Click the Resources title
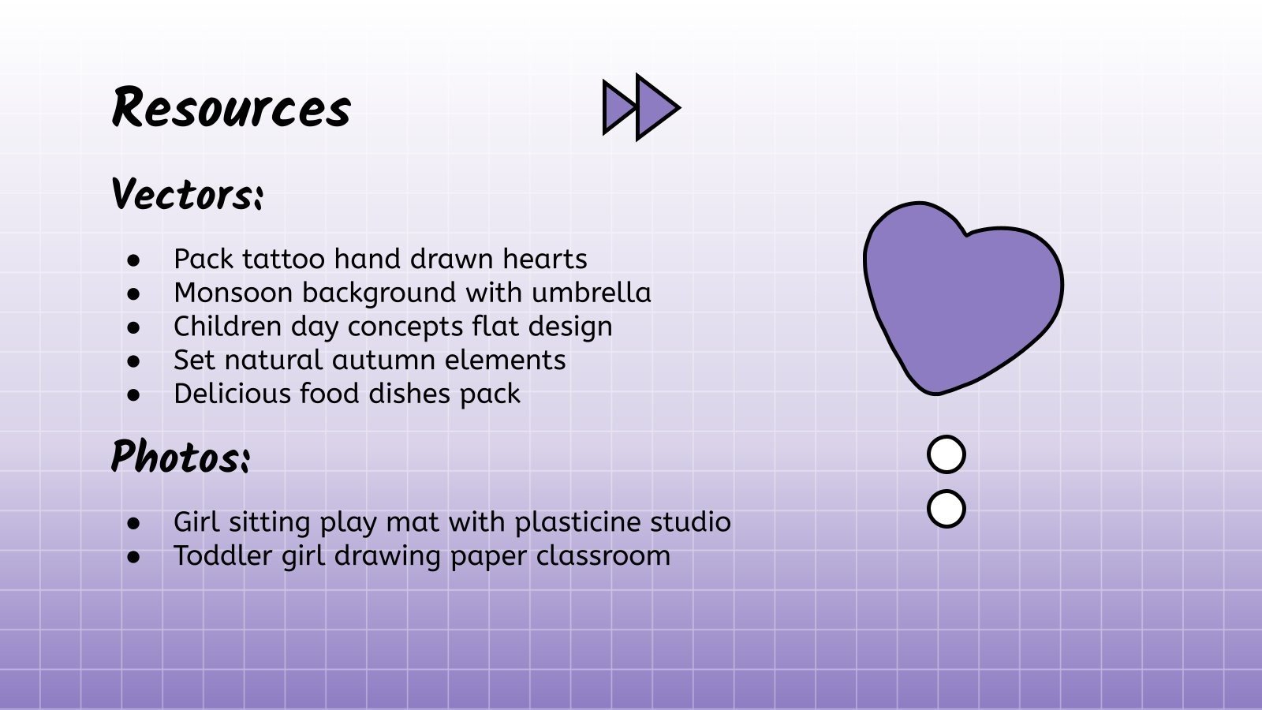pyautogui.click(x=232, y=107)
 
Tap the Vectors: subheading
pyautogui.click(x=187, y=194)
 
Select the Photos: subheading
pyautogui.click(x=181, y=456)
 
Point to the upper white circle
pyautogui.click(x=946, y=454)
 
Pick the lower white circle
pyautogui.click(x=946, y=509)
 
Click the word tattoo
pyautogui.click(x=283, y=259)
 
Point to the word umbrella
pyautogui.click(x=591, y=293)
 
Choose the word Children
pyautogui.click(x=228, y=327)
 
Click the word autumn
pyautogui.click(x=383, y=360)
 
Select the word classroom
pyautogui.click(x=603, y=555)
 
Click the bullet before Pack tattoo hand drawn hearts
pyautogui.click(x=133, y=260)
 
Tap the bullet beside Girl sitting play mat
pyautogui.click(x=133, y=524)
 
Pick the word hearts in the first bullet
pyautogui.click(x=545, y=259)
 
